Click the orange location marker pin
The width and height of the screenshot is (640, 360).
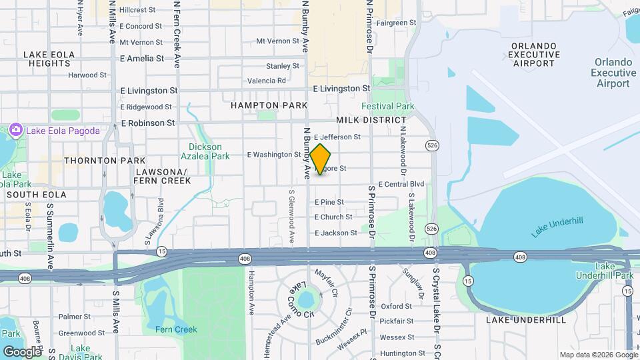point(321,159)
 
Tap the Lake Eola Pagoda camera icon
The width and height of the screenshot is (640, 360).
point(15,131)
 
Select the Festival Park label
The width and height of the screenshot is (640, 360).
point(387,106)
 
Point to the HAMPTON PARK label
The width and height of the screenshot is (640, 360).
point(269,105)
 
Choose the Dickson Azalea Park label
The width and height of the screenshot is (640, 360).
point(209,151)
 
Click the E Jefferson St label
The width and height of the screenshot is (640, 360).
point(337,137)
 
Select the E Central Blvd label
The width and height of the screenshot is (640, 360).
point(401,184)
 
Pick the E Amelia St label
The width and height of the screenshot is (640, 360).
point(142,59)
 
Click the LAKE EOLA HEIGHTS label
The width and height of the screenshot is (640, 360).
point(47,59)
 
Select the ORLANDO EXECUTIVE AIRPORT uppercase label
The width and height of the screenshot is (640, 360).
point(533,54)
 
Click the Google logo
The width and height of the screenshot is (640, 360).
point(21,351)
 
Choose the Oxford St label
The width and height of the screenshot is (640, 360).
point(396,306)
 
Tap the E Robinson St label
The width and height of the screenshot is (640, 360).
point(147,123)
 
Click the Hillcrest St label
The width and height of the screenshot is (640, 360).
point(138,10)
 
